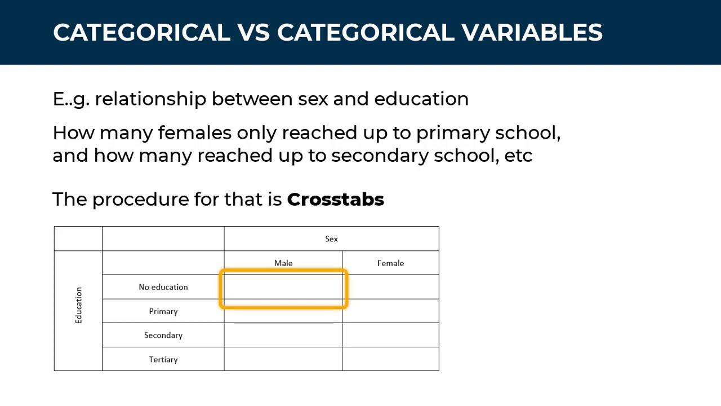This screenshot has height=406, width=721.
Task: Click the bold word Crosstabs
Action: [335, 200]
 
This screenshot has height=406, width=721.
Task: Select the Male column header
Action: [283, 263]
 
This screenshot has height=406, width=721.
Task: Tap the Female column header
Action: [390, 263]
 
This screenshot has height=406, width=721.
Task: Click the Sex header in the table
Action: [331, 239]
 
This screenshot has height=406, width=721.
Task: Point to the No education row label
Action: [163, 287]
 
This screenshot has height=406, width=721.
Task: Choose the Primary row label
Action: [163, 311]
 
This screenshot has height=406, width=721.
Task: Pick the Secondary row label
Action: [163, 336]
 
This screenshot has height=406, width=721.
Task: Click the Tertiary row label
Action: [163, 360]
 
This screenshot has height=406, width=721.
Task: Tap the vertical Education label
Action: [78, 305]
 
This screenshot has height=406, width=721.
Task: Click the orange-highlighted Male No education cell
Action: [283, 289]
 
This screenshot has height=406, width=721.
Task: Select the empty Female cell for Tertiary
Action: [390, 359]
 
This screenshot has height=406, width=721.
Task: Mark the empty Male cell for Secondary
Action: [283, 336]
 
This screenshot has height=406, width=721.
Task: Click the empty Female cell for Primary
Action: [390, 311]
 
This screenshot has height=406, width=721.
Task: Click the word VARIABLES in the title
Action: [532, 33]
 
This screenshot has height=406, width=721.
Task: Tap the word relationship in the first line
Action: [150, 99]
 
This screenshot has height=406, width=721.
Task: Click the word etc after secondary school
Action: [518, 156]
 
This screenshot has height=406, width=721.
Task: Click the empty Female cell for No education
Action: [390, 287]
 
